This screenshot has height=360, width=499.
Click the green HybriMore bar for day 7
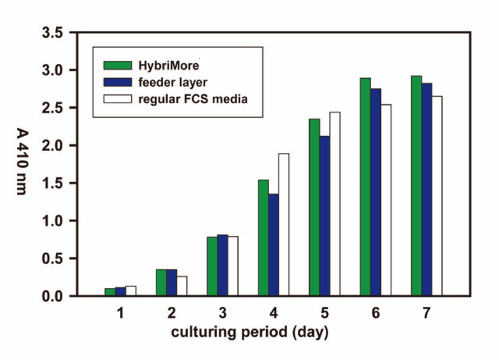coord(417,186)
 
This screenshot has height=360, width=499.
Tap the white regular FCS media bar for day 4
coord(284,224)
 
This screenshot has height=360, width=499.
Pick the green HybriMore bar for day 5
coord(315,207)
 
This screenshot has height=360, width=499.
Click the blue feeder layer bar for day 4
coord(273,245)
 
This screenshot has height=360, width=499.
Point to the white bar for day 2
coord(181,286)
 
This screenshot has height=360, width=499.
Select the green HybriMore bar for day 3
coord(212,266)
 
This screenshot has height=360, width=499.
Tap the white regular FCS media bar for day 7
coord(437,196)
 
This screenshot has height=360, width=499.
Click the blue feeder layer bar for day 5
coord(325,216)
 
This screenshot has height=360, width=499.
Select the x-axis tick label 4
coord(273,312)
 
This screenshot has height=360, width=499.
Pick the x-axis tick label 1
coord(120,312)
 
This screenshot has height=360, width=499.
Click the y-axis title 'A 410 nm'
coord(20,164)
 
